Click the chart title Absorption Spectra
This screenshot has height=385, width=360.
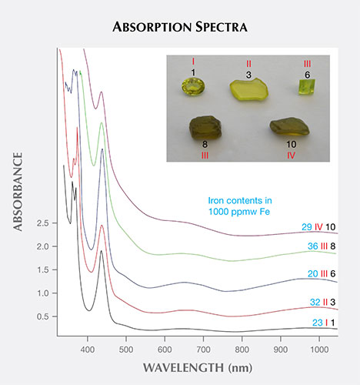point(180,27)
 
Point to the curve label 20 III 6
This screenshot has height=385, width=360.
point(318,273)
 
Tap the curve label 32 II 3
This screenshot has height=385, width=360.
point(318,302)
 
